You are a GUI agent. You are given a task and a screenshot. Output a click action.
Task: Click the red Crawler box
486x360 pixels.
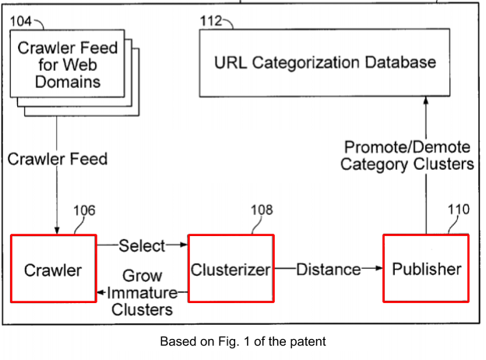coord(53,268)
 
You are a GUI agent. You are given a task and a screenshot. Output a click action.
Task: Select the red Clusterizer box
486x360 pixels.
coord(231,269)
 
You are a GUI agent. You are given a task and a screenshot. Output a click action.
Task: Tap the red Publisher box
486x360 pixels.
coord(426,268)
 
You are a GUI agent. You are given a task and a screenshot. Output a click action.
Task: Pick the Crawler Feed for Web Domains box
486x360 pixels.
coord(69,65)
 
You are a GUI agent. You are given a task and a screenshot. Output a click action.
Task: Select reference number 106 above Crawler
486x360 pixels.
coord(84,210)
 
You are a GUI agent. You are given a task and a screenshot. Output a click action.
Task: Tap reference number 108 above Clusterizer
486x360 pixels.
coord(262,210)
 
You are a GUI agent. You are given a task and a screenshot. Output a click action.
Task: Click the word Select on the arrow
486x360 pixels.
coord(142,246)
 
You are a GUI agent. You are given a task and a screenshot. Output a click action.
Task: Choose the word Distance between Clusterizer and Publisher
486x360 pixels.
coord(328,270)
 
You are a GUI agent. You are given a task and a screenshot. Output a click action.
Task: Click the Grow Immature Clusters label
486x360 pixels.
coord(142,293)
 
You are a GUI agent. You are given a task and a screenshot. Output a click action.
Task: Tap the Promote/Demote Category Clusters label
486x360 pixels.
coord(407,156)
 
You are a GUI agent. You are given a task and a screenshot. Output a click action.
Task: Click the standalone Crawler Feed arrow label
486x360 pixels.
coord(58,160)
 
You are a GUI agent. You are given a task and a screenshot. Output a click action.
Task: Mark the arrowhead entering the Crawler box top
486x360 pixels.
coord(58,229)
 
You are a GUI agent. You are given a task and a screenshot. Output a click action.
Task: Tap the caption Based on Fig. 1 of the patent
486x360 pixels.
coord(243,341)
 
